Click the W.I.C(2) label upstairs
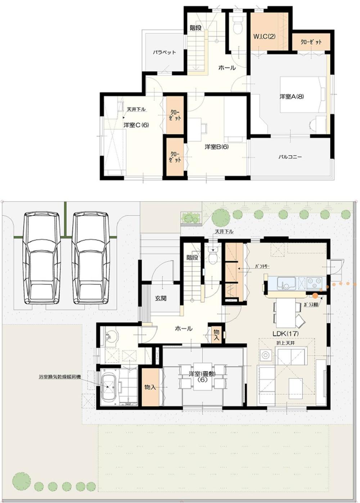point(264,36)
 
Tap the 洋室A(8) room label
point(292,97)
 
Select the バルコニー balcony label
point(290,157)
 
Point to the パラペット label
point(164,52)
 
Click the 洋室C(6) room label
point(136,125)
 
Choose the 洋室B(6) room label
point(217,147)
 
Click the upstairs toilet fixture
point(237,27)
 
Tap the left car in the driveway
point(41,258)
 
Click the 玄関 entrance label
point(161,298)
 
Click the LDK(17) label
point(285,334)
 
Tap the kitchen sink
point(287,283)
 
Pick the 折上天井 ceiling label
point(285,343)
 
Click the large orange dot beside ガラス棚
point(315,296)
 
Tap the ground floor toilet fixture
point(213,257)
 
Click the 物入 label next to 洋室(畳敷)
point(150,387)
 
